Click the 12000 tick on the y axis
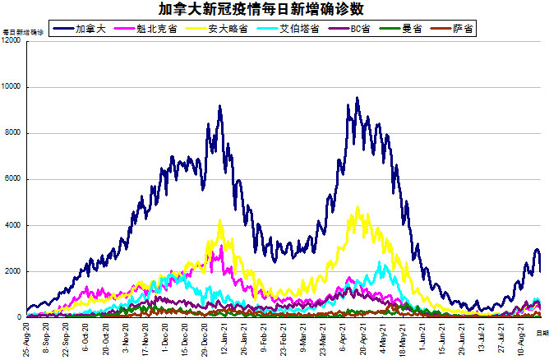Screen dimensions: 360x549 (x=12, y=41)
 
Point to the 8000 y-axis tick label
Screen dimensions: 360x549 (x=14, y=133)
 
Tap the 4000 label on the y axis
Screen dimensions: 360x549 (x=14, y=225)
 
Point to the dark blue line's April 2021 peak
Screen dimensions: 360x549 (x=357, y=98)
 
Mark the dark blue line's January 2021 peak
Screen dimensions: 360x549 (x=219, y=105)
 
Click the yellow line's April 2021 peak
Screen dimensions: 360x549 (x=358, y=207)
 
